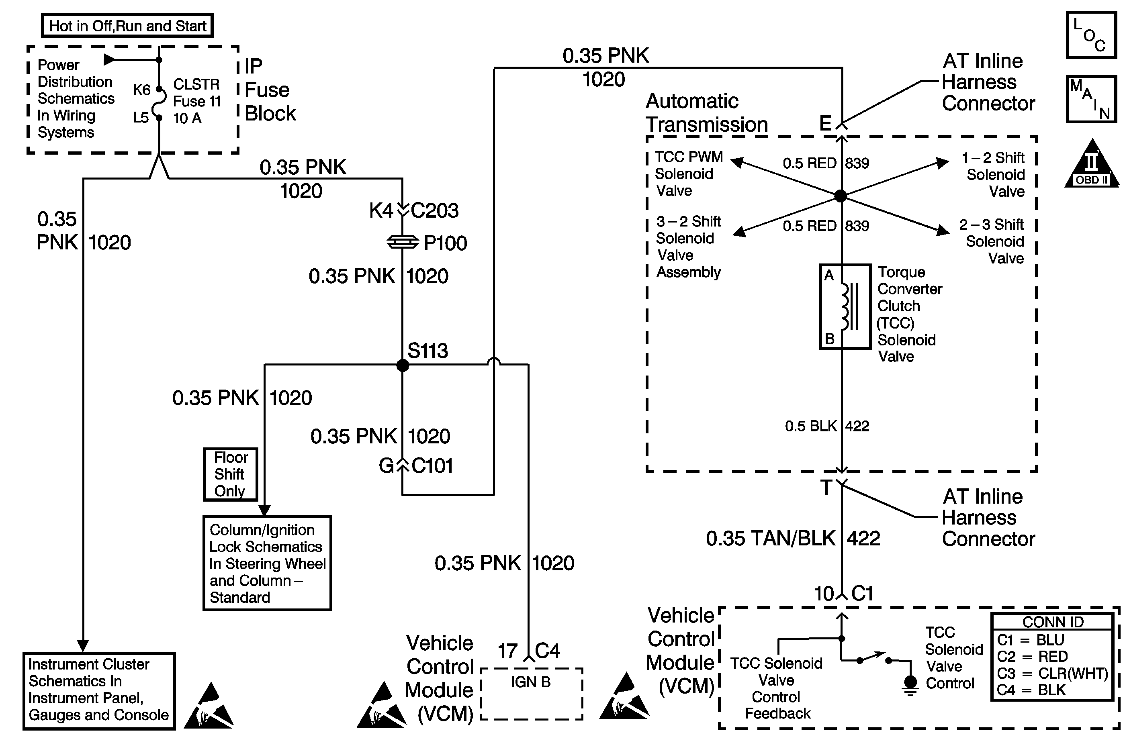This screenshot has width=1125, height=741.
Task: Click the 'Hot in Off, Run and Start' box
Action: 128,26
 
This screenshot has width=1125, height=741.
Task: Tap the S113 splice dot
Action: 402,365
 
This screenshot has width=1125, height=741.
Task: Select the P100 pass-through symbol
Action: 403,243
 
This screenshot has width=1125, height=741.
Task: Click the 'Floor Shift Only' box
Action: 230,474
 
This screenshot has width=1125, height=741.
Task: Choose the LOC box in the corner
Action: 1090,35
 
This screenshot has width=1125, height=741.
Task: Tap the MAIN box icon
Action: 1090,99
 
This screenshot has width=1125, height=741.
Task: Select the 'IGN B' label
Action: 531,682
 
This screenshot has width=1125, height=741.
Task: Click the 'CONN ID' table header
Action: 1053,622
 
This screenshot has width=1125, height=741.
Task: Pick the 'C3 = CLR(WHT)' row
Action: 1052,673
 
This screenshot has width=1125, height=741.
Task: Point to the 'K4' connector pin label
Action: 381,211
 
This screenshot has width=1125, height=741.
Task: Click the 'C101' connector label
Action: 432,466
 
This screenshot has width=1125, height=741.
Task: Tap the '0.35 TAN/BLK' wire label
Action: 771,539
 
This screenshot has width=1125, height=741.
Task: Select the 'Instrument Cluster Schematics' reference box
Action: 99,690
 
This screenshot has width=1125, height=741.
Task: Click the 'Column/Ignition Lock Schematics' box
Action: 267,563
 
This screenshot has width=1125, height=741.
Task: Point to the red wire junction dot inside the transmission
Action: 841,196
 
